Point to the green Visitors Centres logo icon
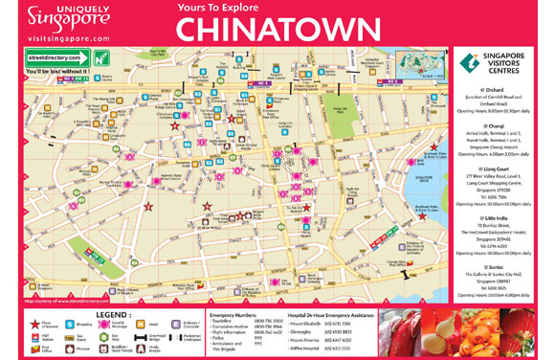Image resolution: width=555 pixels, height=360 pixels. [x=470, y=63]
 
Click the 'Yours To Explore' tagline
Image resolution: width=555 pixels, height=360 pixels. [x=219, y=11]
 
